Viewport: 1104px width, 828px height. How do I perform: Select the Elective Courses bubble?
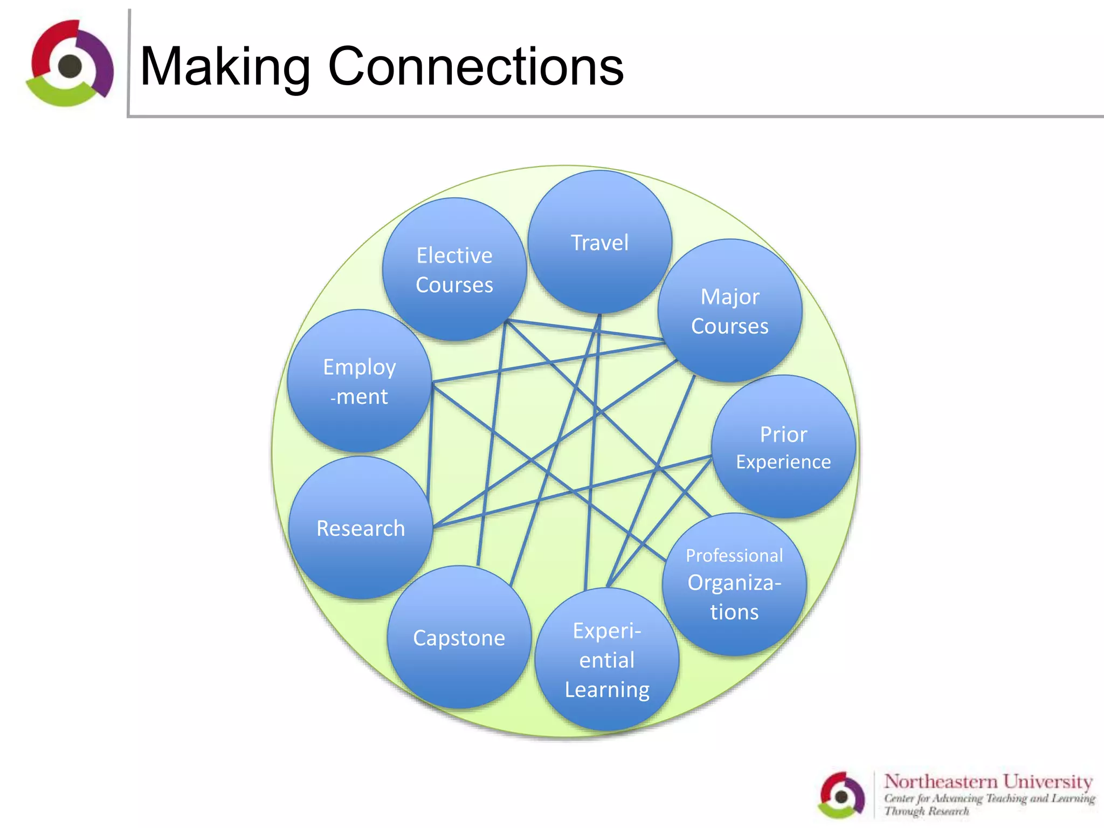454,270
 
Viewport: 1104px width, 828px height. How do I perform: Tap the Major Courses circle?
730,311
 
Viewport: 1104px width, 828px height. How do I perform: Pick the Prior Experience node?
783,447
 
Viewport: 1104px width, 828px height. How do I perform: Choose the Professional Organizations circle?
734,585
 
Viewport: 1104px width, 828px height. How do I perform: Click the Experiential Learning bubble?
607,660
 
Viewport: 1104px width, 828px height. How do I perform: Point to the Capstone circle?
459,638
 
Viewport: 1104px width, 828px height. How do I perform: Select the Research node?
361,528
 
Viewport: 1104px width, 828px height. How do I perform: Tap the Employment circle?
360,382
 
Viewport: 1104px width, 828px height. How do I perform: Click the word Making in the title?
225,67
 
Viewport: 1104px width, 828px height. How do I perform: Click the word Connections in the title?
475,67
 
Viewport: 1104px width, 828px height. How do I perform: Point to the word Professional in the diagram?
734,555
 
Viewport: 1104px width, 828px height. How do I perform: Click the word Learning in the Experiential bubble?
607,690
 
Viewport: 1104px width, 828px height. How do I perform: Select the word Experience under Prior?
783,462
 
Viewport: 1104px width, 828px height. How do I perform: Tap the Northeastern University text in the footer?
988,781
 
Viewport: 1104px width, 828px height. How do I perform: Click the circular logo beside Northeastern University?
841,795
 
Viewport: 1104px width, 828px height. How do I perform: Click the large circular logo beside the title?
70,64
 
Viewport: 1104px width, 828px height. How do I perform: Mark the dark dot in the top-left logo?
70,66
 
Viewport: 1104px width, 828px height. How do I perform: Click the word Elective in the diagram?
454,256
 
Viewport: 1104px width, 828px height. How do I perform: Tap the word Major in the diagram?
730,297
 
